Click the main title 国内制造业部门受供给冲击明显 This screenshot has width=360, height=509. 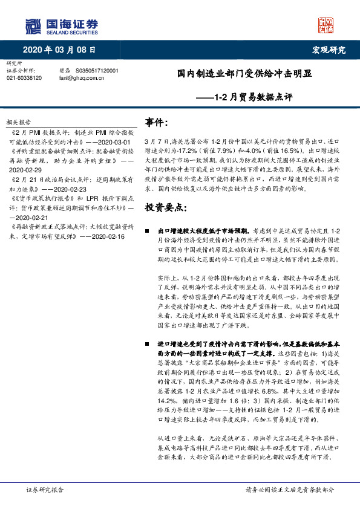pos(244,73)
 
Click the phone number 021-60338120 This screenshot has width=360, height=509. pos(24,78)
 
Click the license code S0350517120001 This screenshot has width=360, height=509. pos(97,71)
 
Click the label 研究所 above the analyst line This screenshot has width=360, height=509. pos(13,63)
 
